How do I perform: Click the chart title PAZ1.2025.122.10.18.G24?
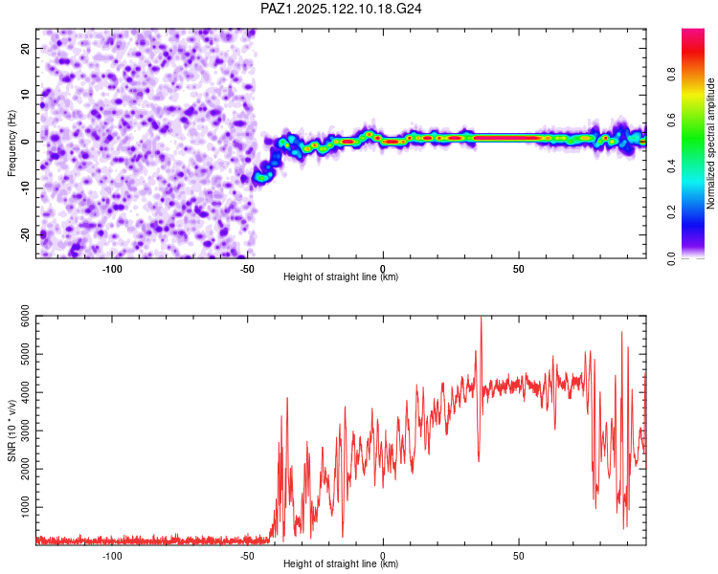(341, 9)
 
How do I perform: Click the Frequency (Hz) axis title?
(11, 143)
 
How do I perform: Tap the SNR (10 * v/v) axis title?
(11, 430)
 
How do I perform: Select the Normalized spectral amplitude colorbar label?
(710, 143)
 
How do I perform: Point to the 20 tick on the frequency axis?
(25, 48)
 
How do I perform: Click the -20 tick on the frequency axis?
(25, 234)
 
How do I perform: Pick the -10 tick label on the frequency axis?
(25, 188)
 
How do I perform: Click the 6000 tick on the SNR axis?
(25, 316)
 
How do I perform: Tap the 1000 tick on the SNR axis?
(25, 507)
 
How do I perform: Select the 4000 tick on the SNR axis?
(25, 392)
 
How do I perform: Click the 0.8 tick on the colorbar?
(671, 74)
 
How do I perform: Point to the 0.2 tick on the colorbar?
(671, 212)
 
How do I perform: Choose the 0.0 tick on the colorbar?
(671, 258)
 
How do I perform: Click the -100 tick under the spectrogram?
(112, 269)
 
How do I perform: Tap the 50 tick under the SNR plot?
(518, 556)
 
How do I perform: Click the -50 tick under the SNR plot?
(247, 556)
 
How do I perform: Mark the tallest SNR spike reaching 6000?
(481, 318)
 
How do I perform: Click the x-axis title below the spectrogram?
(341, 276)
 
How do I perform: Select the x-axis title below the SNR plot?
(341, 563)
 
